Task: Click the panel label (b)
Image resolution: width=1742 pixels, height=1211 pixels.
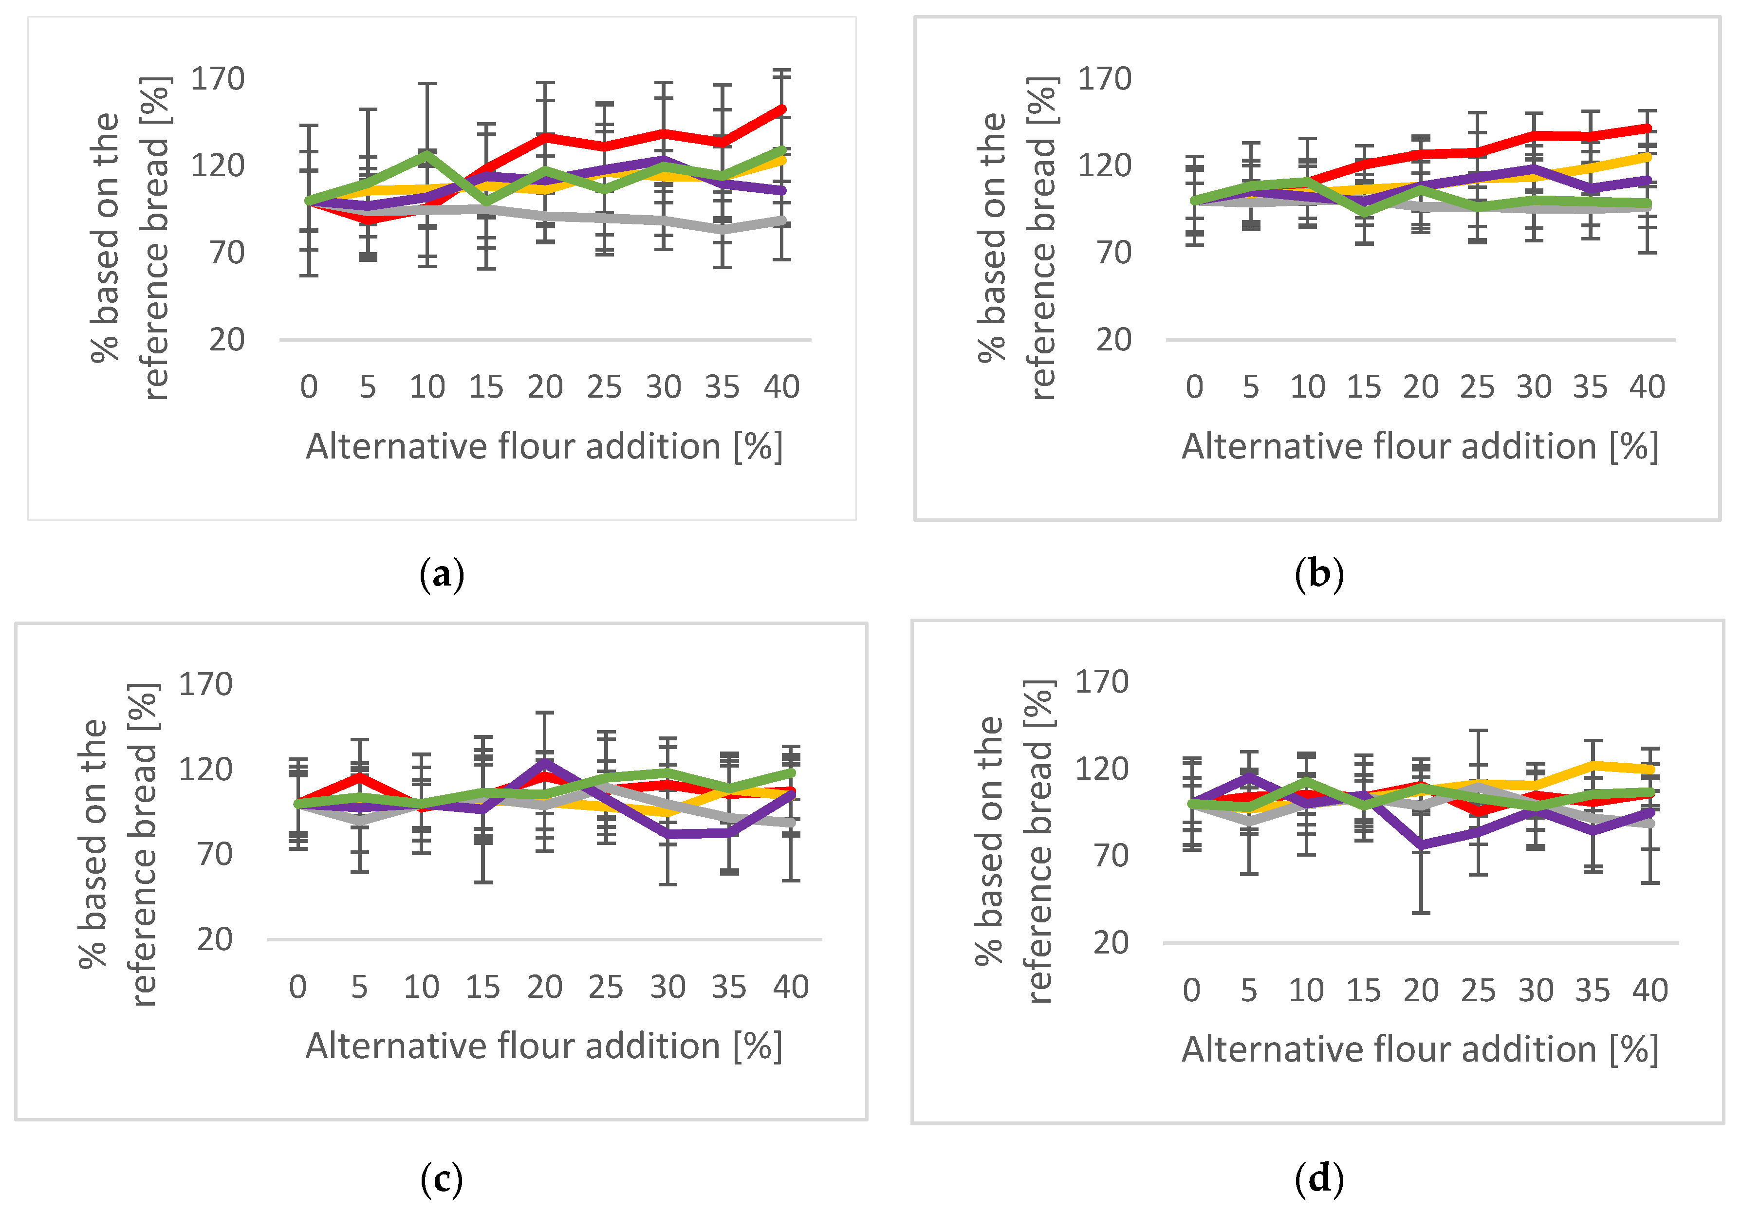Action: [1318, 574]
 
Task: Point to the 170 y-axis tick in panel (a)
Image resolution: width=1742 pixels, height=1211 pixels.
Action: [217, 79]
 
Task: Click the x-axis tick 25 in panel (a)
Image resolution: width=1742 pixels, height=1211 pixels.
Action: [604, 387]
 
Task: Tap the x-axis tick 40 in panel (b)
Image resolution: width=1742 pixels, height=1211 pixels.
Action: [1647, 387]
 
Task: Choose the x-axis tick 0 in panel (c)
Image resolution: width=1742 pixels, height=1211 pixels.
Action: [298, 987]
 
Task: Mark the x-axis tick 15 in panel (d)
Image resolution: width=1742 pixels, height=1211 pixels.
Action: [1363, 991]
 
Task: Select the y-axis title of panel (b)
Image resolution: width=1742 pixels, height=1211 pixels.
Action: [1016, 238]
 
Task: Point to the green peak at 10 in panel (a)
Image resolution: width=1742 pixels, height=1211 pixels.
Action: [427, 154]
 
